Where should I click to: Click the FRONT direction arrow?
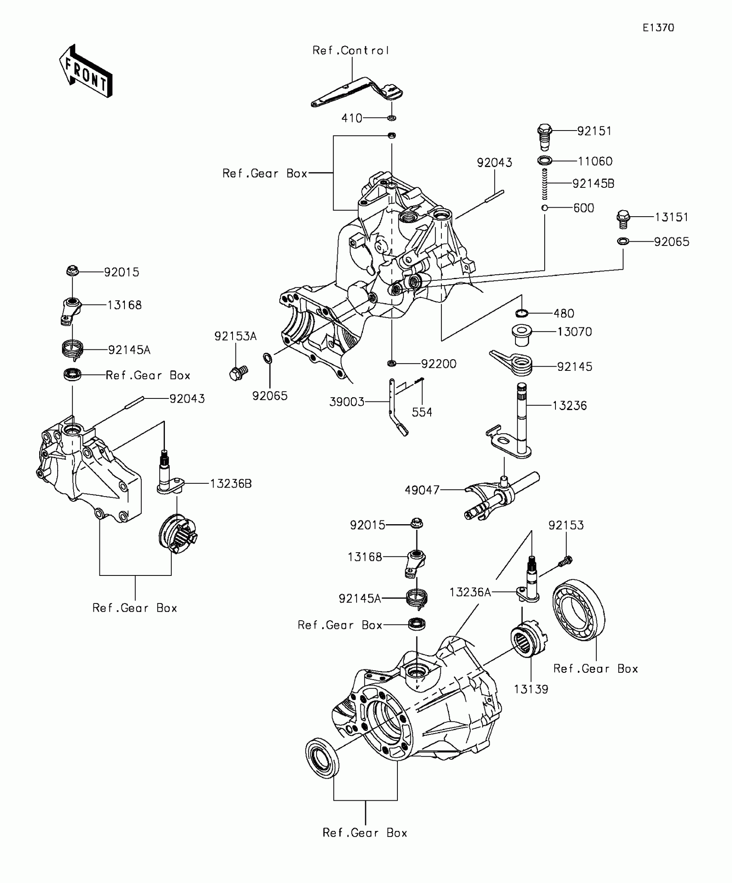86,72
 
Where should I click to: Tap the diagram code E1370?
658,28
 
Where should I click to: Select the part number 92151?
594,131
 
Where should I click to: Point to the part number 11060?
595,162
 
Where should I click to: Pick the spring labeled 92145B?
545,184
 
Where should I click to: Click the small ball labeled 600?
545,208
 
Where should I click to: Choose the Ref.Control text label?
350,51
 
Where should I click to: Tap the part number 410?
352,118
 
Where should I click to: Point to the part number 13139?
531,689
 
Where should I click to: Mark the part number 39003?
347,402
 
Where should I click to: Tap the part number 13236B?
231,484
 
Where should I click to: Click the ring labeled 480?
522,313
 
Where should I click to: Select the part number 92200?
438,364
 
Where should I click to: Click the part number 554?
422,412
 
